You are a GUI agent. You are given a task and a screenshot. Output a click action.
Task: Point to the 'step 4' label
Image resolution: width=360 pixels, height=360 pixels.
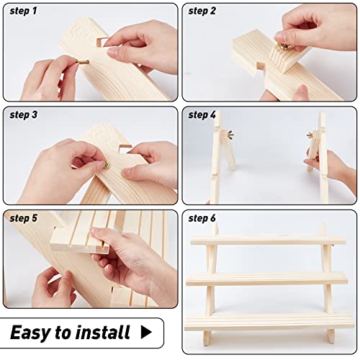tap(202, 114)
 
